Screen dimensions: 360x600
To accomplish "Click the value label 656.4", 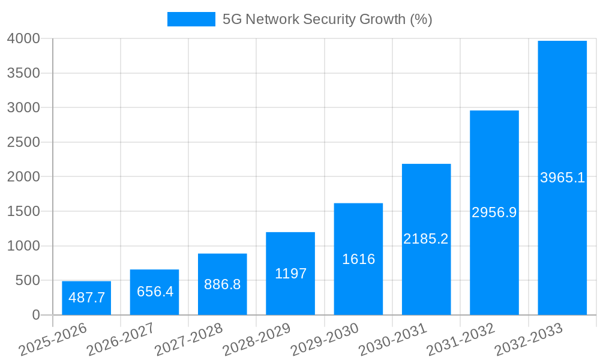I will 155,292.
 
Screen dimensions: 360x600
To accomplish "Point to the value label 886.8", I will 222,284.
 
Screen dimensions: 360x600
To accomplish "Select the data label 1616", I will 358,259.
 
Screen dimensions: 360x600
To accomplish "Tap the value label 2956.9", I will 494,212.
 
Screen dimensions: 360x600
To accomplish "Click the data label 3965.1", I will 562,178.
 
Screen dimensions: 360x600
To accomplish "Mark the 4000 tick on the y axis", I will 23,39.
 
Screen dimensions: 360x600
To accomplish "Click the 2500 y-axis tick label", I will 23,143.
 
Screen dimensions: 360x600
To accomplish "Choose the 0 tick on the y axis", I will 36,315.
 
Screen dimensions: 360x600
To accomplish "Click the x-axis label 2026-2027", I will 121,339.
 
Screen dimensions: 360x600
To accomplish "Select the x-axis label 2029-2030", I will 325,339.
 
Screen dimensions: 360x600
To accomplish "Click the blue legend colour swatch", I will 191,20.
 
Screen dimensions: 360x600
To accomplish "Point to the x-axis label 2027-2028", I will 188,339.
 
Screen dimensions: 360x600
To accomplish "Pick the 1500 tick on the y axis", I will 23,212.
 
